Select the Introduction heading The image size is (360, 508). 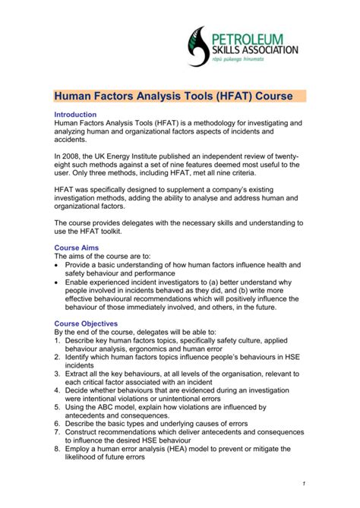pos(77,114)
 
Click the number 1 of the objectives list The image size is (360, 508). pos(58,341)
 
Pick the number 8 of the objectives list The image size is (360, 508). pos(58,451)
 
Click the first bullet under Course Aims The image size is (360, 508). pos(58,266)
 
